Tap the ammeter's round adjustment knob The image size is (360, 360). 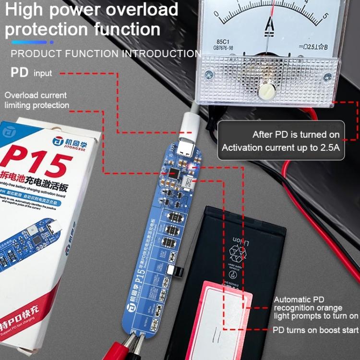pyautogui.click(x=265, y=90)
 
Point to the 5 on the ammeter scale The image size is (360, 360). pyautogui.click(x=326, y=15)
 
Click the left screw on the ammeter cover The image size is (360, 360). pyautogui.click(x=209, y=74)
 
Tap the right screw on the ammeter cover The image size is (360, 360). pyautogui.click(x=327, y=77)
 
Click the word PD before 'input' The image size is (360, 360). pyautogui.click(x=19, y=73)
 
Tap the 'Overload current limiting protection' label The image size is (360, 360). pyautogui.click(x=36, y=100)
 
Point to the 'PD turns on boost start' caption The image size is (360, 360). pyautogui.click(x=315, y=330)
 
